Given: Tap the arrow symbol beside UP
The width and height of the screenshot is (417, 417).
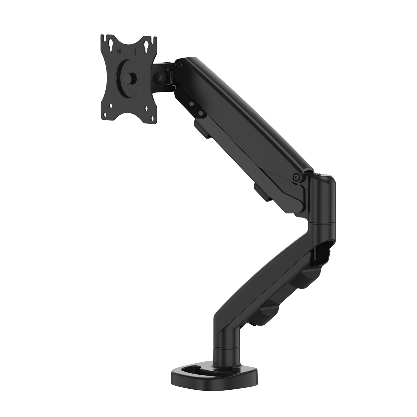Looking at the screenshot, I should click(135, 51).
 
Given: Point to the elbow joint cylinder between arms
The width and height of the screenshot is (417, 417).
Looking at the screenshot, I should click(322, 200).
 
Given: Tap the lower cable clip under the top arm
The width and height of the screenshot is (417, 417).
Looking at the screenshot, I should click(263, 192).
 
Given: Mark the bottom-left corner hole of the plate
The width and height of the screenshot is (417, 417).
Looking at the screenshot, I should click(111, 106).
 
